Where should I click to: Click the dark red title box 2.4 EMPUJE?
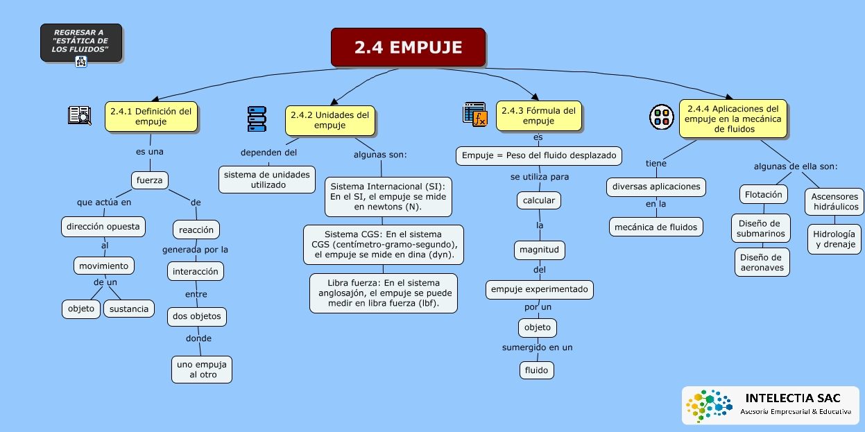[408, 47]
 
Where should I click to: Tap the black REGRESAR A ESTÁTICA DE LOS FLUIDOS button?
[80, 42]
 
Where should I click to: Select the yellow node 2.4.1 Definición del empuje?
[151, 116]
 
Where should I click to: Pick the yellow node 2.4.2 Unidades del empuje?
[329, 120]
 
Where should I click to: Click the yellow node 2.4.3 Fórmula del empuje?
[538, 115]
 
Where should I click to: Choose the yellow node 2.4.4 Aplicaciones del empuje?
[733, 119]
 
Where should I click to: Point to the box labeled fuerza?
[149, 180]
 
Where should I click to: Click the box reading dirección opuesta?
[103, 226]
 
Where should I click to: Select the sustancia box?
[129, 309]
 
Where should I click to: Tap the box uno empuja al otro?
[202, 369]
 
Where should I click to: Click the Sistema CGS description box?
[383, 244]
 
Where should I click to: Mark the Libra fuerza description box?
[383, 293]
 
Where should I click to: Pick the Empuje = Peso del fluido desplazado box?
[538, 155]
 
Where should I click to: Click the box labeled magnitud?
[539, 249]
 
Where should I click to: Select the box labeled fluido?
[537, 370]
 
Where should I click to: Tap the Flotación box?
[763, 195]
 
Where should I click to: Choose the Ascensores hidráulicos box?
[834, 201]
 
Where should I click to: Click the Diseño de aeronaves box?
[761, 262]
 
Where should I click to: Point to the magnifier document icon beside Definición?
[80, 115]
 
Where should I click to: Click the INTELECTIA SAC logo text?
[792, 398]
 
